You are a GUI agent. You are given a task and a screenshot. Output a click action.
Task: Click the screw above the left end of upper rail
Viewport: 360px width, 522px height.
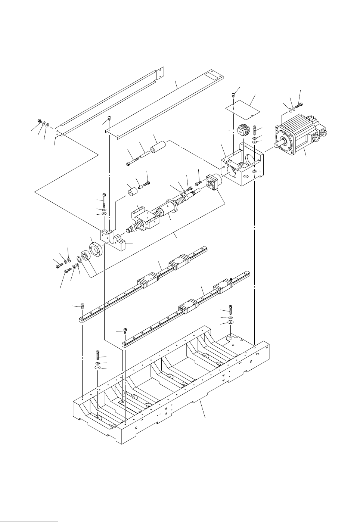click(x=82, y=307)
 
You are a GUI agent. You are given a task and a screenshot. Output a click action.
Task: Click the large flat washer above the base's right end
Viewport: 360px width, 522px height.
click(x=230, y=321)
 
